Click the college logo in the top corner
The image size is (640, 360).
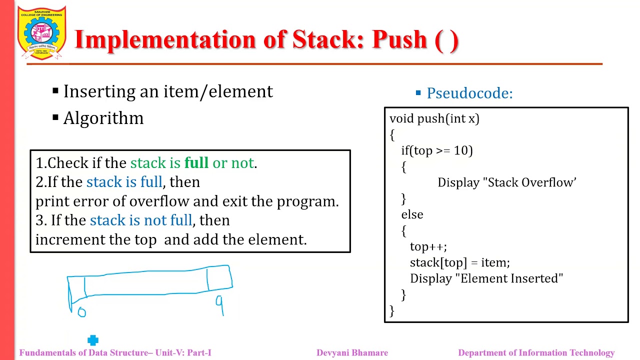(41, 33)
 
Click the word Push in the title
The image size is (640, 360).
(399, 40)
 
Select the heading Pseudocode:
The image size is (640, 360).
(469, 93)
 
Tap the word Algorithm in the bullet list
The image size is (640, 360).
(103, 118)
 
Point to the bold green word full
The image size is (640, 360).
(196, 163)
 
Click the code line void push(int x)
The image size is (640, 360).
(434, 118)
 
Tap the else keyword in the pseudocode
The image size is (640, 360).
(412, 214)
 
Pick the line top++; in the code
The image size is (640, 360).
(428, 246)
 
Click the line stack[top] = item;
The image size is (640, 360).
(459, 262)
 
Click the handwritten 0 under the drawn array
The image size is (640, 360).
(82, 312)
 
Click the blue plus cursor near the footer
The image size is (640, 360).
(93, 340)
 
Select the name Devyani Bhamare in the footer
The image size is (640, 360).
(352, 353)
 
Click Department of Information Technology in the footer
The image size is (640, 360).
(536, 353)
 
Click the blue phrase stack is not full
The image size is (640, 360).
(140, 220)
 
